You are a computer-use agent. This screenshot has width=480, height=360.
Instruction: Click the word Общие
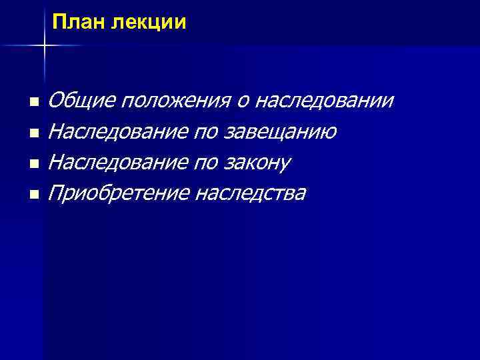pyautogui.click(x=81, y=101)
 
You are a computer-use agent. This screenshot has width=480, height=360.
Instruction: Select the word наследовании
pyautogui.click(x=325, y=101)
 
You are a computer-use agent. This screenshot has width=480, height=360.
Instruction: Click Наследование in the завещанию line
pyautogui.click(x=117, y=132)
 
